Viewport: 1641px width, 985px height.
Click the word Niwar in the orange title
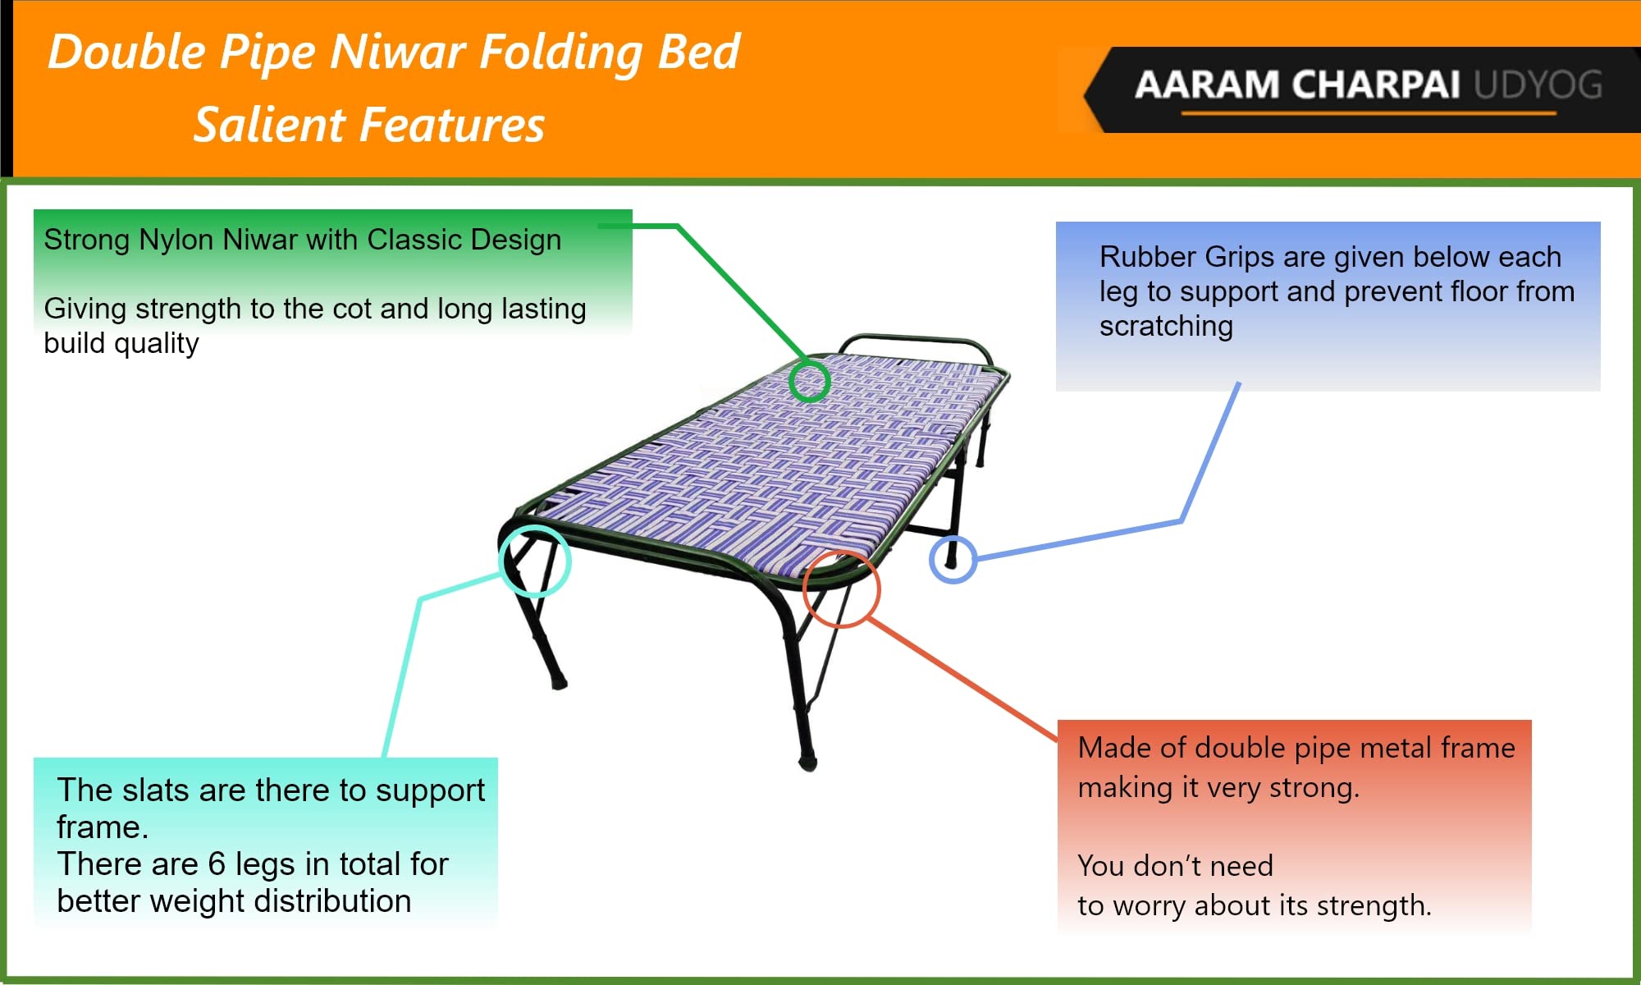coord(398,52)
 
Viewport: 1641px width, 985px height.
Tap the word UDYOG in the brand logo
coord(1538,85)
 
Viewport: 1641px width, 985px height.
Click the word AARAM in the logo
coord(1207,85)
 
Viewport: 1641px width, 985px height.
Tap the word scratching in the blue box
coord(1166,327)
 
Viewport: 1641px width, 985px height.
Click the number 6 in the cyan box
coord(217,864)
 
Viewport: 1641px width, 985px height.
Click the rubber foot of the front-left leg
coord(559,682)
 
